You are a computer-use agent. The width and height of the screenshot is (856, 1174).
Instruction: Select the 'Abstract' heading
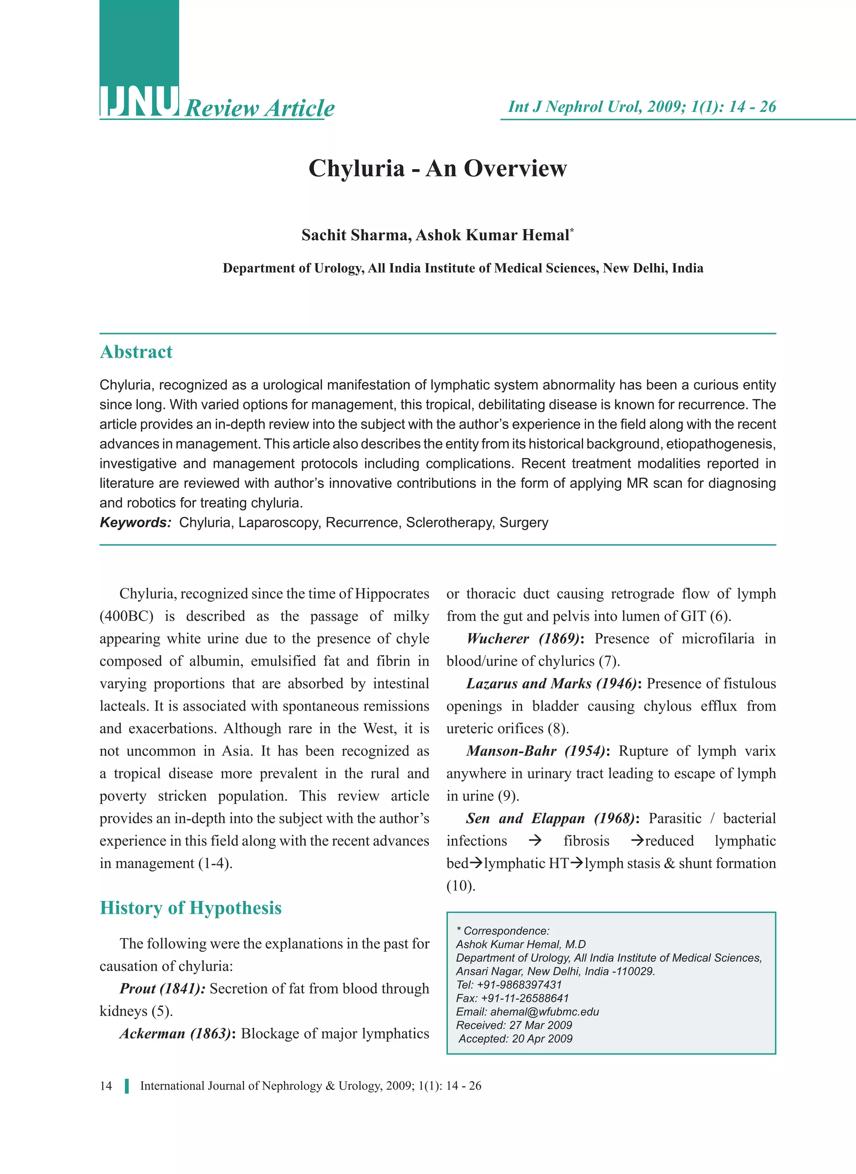coord(136,352)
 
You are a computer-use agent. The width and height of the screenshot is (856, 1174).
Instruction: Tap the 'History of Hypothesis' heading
coord(190,908)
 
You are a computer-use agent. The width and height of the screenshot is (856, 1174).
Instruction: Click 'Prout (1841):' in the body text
coord(162,988)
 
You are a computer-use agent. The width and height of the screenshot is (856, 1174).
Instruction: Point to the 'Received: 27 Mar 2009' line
coord(514,1025)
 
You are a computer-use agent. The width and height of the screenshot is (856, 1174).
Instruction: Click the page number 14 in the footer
coord(106,1086)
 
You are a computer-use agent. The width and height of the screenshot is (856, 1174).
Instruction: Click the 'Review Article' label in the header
coord(260,108)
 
